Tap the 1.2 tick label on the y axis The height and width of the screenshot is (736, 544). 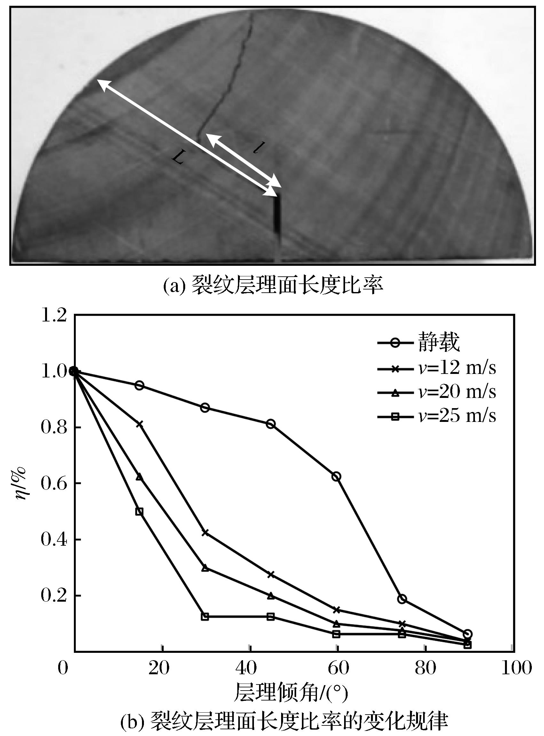54,315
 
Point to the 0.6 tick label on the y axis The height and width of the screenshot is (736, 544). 54,483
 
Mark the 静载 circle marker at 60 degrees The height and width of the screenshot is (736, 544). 336,477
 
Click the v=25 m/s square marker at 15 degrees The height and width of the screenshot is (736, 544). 139,511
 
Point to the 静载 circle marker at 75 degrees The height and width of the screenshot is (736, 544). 402,599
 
